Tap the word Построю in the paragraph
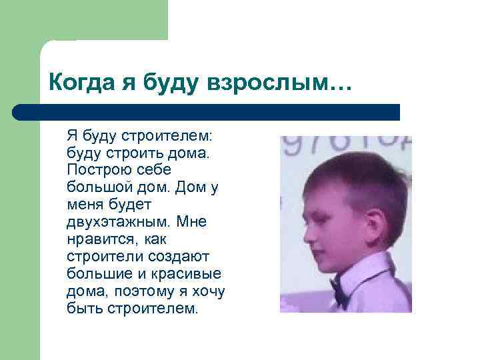[95, 170]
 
